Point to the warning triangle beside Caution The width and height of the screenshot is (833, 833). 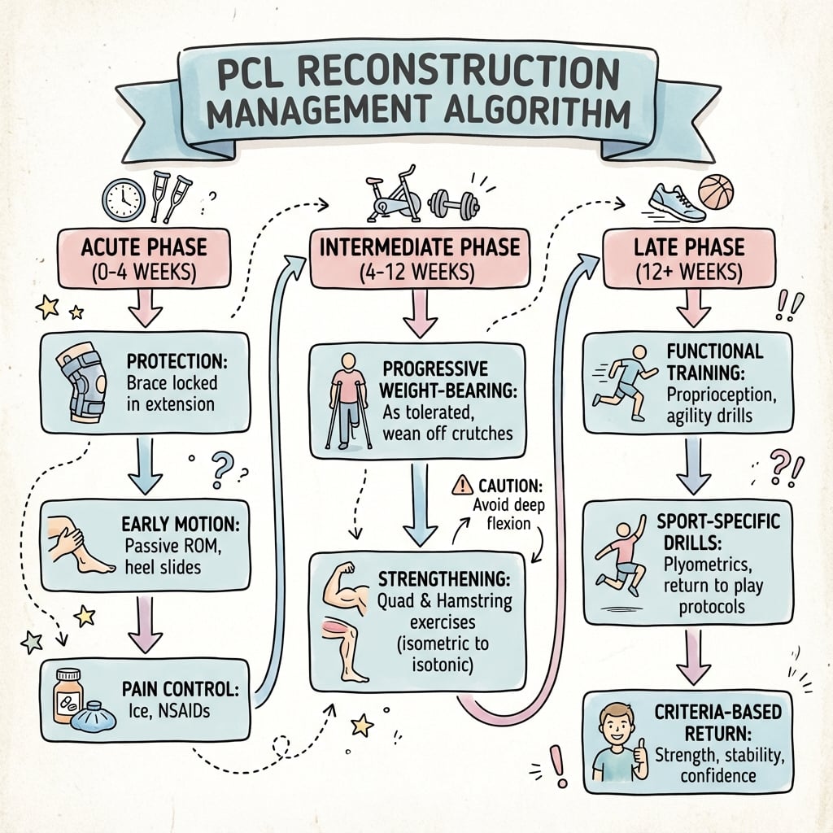462,486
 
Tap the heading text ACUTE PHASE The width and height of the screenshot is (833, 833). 143,245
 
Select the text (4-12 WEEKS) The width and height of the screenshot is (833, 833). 420,271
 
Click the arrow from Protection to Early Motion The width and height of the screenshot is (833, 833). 145,464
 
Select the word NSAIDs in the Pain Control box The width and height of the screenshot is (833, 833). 189,717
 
